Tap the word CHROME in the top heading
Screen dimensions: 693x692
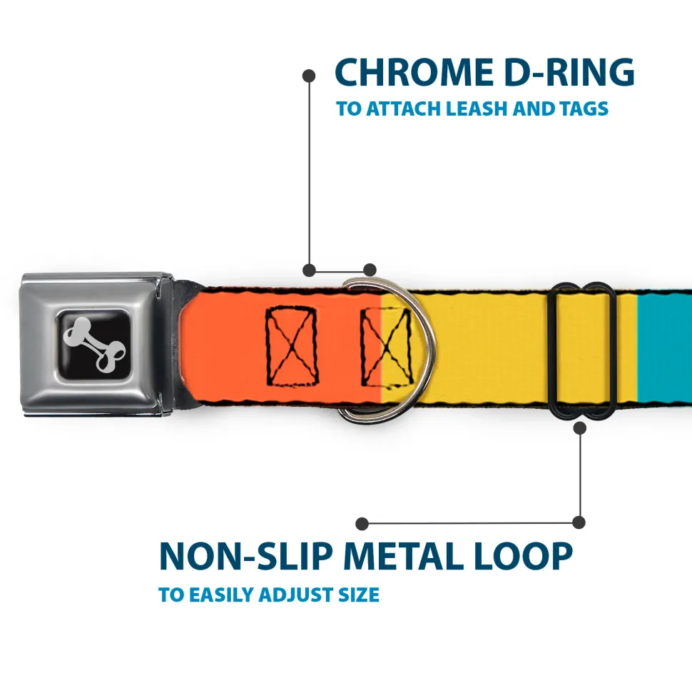click(x=409, y=73)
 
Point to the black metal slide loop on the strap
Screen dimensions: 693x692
click(x=584, y=350)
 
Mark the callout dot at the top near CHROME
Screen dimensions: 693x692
click(x=309, y=75)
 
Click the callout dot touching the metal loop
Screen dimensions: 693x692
click(x=579, y=428)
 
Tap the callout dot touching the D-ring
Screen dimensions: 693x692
click(x=370, y=270)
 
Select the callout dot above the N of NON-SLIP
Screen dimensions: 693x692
click(x=362, y=524)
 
